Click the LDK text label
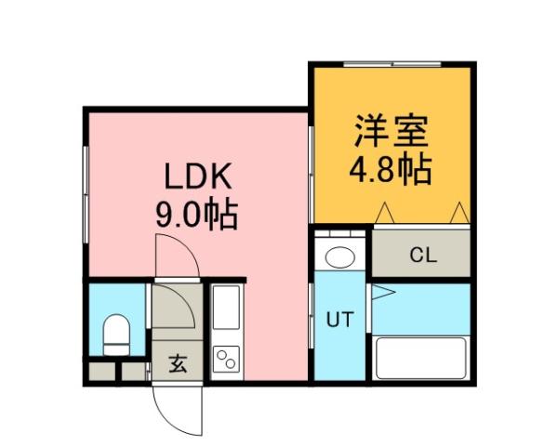[197, 176]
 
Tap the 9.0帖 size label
[196, 216]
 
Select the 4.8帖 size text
[390, 171]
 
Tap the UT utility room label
[339, 320]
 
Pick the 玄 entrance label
[177, 363]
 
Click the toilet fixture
[115, 334]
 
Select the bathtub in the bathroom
[419, 357]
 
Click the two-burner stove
[226, 359]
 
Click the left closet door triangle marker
[387, 214]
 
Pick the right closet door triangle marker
[458, 214]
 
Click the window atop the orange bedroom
[391, 63]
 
